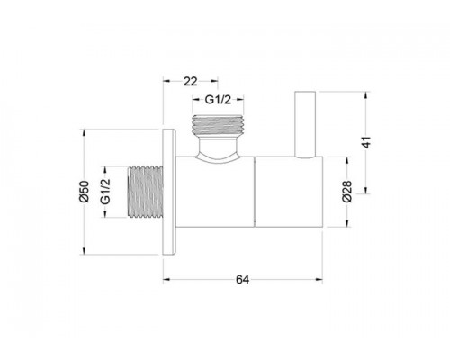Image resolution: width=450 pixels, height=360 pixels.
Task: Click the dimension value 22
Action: point(191,81)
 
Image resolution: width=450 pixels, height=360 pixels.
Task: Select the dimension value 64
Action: point(242,280)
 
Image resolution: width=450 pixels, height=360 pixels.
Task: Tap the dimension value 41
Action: point(366,142)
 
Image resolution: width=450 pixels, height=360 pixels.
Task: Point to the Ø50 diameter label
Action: point(85,192)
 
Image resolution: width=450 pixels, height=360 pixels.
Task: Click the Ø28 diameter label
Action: point(346,192)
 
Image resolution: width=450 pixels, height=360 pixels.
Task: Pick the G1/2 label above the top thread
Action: point(218,100)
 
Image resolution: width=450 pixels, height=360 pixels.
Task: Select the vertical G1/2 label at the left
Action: point(105,192)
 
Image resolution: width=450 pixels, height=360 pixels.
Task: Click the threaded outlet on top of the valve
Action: point(218,125)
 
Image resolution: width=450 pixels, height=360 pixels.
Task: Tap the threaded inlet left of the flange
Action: point(145,192)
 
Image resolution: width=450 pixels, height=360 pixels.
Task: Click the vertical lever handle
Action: point(305,124)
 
